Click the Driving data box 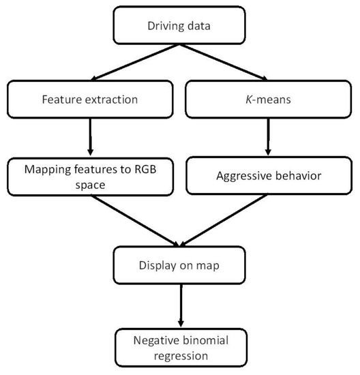click(x=180, y=27)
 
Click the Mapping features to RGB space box click(x=91, y=176)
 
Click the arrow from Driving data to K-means click(x=225, y=63)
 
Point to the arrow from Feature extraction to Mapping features click(x=91, y=136)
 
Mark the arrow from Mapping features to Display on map click(x=136, y=222)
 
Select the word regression click(x=180, y=355)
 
